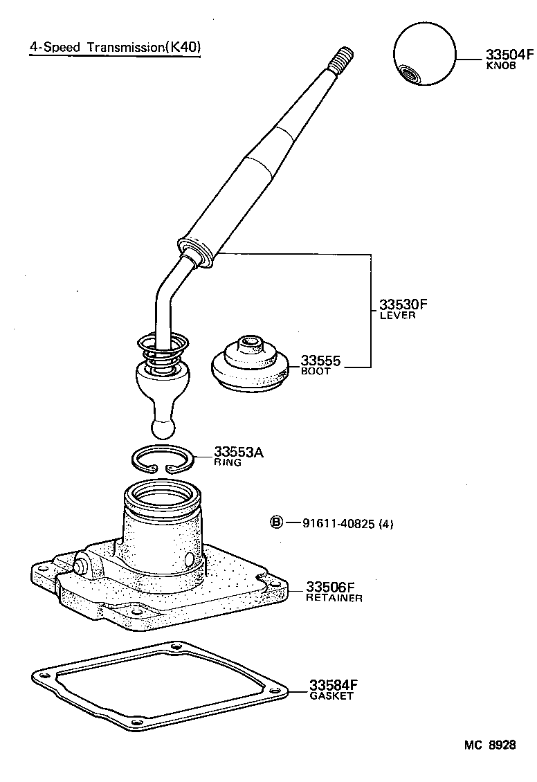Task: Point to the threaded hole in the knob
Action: tap(408, 73)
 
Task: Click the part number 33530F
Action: tap(403, 304)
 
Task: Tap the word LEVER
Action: tap(397, 316)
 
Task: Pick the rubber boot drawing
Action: tap(250, 362)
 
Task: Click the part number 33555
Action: tap(320, 361)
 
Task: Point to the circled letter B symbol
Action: tap(275, 522)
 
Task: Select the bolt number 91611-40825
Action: tap(338, 523)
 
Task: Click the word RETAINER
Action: tap(334, 598)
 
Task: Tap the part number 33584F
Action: tap(334, 685)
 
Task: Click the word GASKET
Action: tap(330, 696)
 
